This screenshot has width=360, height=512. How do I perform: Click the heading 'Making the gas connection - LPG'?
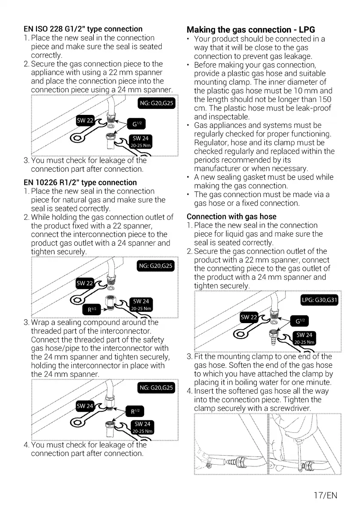coord(251,30)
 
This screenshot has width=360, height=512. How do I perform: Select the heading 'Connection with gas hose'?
coord(231,216)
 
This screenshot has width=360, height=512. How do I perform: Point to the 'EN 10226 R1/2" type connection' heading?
coord(80,182)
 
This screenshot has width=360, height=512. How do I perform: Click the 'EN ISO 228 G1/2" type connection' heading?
coord(83,29)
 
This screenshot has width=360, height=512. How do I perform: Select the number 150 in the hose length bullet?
coord(329,99)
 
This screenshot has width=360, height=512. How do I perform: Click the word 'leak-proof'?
coord(312,108)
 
